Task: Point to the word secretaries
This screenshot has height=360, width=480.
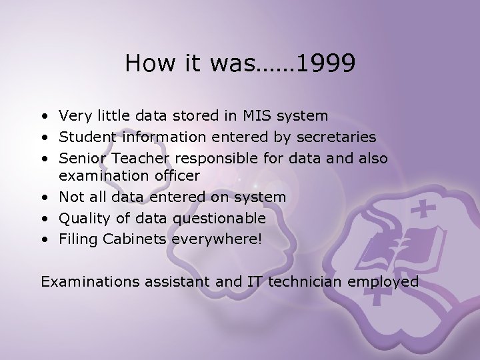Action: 338,137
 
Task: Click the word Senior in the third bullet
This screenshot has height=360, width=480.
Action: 80,159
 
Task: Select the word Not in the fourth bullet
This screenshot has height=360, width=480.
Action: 70,197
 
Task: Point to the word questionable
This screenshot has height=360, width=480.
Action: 219,218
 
